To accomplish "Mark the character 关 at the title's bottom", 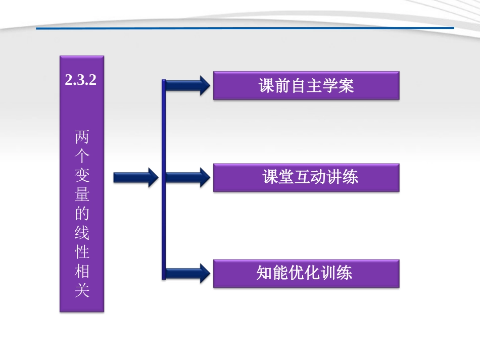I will coord(82,291).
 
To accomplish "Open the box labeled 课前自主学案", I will coord(306,85).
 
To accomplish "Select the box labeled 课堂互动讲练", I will coord(306,177).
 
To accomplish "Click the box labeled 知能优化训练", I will coord(306,273).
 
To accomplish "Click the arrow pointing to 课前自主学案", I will coord(187,85).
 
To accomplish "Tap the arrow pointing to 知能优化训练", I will coord(187,273).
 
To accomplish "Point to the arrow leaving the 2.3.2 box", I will coord(135,177).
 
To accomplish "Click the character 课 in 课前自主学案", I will coord(266,85).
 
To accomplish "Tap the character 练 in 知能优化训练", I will coord(345,273).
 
